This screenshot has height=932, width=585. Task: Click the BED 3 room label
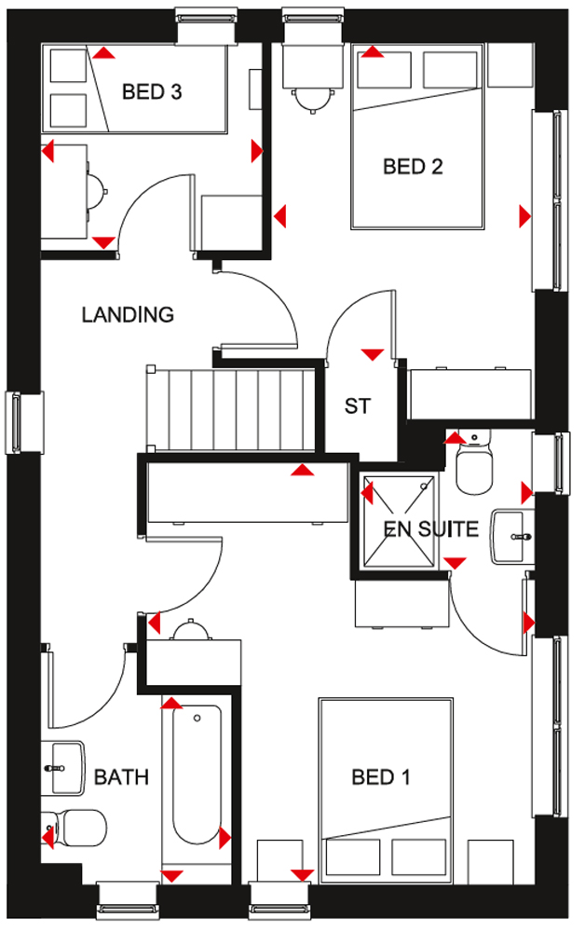point(152,91)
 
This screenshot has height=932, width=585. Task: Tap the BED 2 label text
point(413,167)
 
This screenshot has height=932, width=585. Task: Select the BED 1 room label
point(381,777)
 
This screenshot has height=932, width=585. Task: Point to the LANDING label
point(128,314)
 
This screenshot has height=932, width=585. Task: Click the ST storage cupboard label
point(358,406)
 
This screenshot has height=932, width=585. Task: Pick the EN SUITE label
point(431,528)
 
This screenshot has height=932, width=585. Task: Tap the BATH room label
point(121,777)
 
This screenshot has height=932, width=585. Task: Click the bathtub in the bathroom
point(197,774)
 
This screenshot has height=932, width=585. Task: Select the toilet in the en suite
point(474,463)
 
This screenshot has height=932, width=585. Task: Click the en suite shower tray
point(399,521)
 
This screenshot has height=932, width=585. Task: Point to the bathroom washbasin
point(62,768)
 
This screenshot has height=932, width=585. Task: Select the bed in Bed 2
point(416,136)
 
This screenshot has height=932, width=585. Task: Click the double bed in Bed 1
point(386,790)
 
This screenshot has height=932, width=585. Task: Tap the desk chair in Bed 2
point(311,100)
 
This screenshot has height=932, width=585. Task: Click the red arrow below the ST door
point(373,355)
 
